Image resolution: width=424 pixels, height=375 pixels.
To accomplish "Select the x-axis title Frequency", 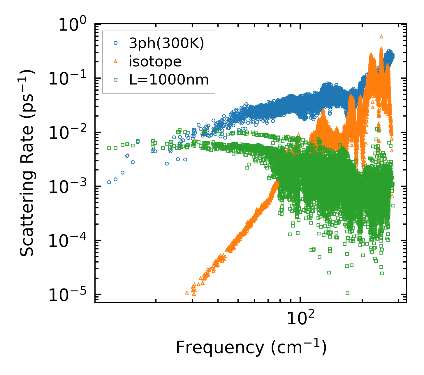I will coord(251,347).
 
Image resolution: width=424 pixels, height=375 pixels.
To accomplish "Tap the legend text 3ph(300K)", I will coord(166,44).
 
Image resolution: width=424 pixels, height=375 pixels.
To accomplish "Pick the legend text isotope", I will coord(155,61).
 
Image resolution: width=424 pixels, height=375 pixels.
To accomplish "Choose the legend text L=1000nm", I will coord(169,79).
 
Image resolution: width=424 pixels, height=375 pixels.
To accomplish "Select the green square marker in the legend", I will coord(116,79).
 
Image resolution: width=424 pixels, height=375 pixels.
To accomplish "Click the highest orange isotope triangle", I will coord(381,36).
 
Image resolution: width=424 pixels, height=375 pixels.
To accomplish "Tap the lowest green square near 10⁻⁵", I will coord(347,293).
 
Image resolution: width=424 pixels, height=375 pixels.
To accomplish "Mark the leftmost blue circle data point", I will coord(109,182).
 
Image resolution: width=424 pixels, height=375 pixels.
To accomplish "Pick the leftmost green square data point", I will coord(109,148).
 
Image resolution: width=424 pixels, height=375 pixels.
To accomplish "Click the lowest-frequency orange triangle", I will coord(187,293).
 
